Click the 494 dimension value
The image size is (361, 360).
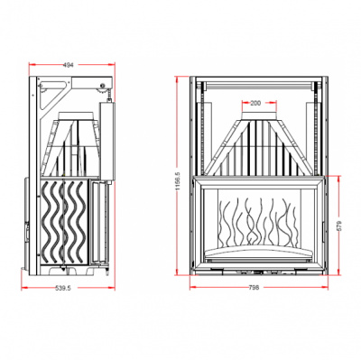69,65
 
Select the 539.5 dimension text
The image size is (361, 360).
63,288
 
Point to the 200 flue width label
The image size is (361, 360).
255,104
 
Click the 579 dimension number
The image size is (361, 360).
340,226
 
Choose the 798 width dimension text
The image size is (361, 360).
255,287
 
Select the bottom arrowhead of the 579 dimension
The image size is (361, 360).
340,272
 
